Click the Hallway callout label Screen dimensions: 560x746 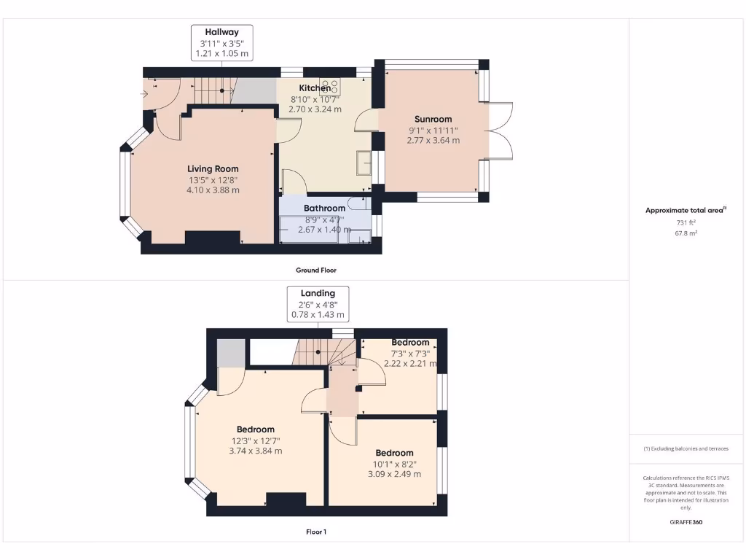221,43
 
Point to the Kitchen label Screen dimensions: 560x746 315,88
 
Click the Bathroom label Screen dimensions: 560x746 324,208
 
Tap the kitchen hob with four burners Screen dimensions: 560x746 329,85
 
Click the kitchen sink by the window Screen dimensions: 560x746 364,163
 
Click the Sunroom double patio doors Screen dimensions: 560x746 500,131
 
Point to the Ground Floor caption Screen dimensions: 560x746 315,270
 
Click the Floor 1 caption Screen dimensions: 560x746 315,532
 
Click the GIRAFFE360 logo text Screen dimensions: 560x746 686,522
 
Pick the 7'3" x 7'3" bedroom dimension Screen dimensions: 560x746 410,353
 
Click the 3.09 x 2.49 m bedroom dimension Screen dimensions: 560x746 395,474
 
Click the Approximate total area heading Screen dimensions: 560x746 685,211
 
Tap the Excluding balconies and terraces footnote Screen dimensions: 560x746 686,448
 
